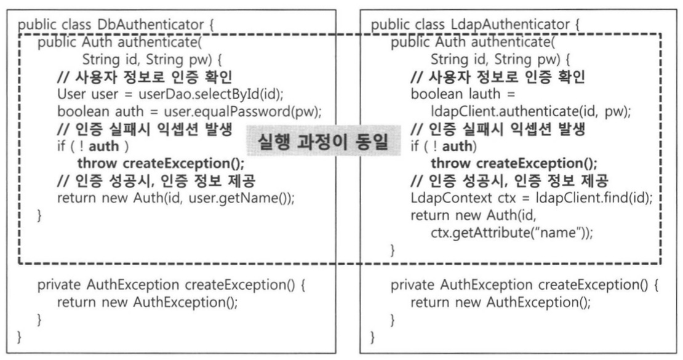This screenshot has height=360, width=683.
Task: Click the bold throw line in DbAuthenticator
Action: [x=161, y=164]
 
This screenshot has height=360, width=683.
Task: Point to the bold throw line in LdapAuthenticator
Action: [x=514, y=164]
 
